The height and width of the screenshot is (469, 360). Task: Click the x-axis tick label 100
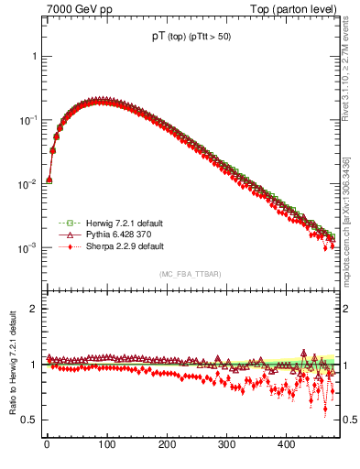click(106, 444)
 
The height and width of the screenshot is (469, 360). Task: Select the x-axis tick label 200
click(166, 444)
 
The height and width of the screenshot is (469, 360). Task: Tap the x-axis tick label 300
click(226, 444)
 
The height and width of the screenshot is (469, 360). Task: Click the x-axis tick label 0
click(47, 444)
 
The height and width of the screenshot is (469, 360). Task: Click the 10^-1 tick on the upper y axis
click(26, 120)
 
